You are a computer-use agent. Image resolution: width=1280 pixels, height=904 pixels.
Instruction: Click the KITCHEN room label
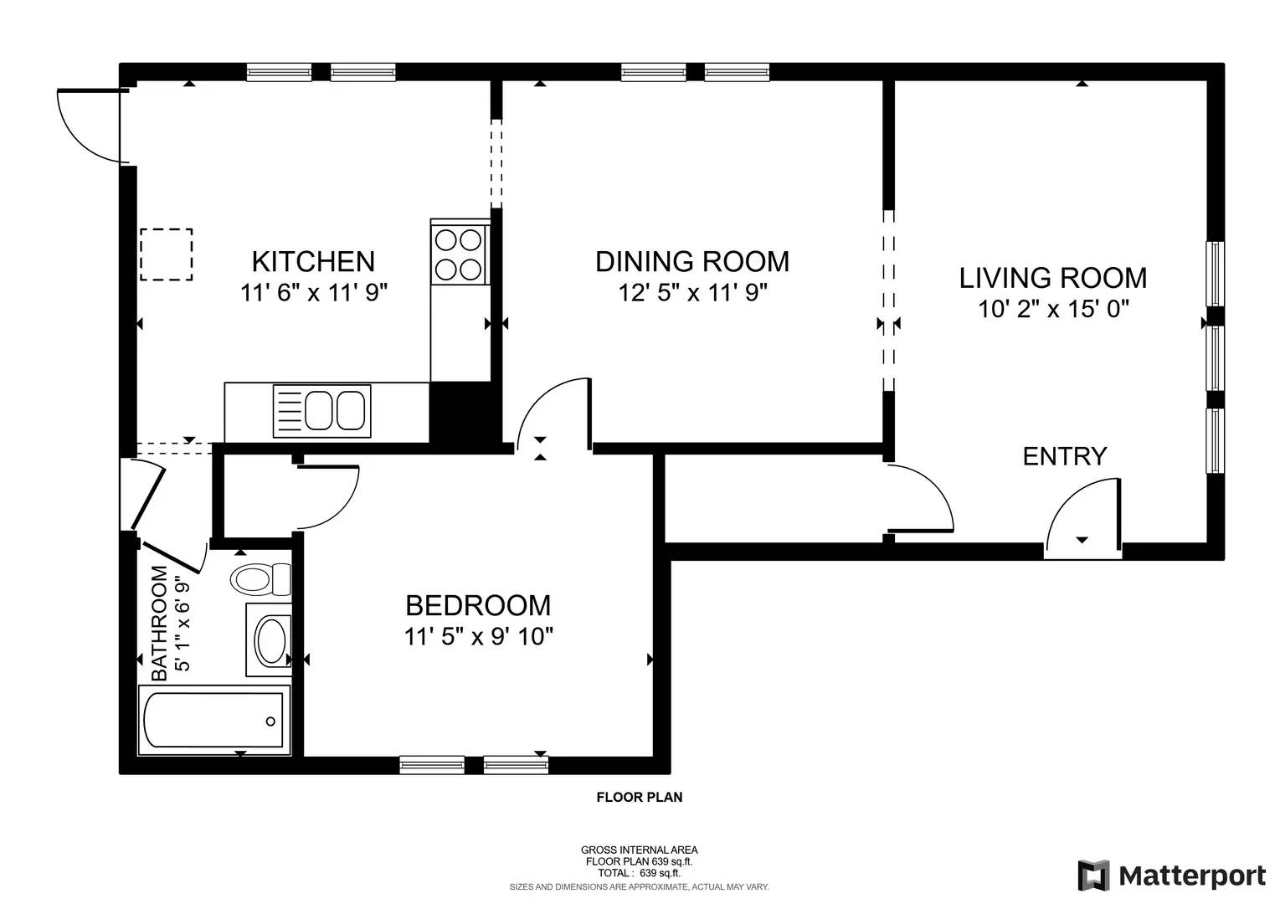tap(313, 262)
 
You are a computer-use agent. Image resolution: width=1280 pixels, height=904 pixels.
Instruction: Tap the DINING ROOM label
tap(691, 262)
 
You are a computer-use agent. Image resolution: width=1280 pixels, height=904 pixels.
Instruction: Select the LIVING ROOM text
tap(1052, 278)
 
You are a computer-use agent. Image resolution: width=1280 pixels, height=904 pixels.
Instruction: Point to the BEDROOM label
tap(478, 605)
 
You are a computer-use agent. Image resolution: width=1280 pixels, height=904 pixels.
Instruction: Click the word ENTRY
tap(1064, 456)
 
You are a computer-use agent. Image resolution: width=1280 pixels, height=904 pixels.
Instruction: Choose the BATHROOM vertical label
tap(159, 623)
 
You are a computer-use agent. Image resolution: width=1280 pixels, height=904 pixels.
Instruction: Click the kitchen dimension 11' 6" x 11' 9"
tap(313, 293)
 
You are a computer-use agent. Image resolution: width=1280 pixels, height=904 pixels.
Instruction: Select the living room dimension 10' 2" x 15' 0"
tap(1053, 309)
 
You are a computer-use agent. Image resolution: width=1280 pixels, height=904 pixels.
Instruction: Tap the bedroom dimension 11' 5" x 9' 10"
tap(478, 637)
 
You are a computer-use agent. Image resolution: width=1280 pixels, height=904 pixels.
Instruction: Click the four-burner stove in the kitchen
tap(460, 254)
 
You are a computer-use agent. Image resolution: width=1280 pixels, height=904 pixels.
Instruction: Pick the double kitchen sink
tap(322, 410)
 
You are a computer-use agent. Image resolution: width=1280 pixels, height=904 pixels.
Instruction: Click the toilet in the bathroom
tap(260, 578)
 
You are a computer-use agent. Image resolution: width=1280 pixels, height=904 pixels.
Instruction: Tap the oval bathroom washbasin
tap(270, 640)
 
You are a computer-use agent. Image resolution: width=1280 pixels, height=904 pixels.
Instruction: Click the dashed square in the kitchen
tap(166, 254)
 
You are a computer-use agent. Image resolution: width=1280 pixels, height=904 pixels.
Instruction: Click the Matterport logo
tap(1171, 876)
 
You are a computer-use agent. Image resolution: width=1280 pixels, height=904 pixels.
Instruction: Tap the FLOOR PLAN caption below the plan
tap(639, 798)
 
